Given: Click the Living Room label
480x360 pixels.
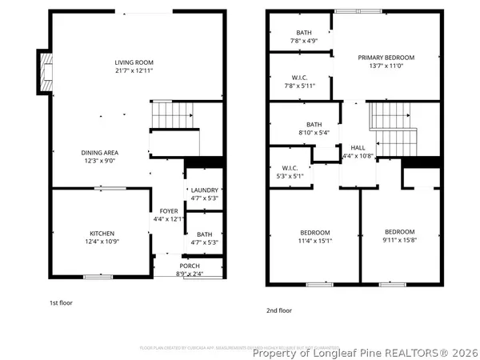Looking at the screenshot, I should [134, 62].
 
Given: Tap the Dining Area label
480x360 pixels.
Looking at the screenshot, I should [100, 152].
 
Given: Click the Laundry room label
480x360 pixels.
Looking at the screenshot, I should [203, 190].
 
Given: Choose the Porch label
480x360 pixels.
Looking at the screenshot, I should [190, 266].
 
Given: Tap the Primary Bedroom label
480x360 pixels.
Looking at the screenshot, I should [386, 58].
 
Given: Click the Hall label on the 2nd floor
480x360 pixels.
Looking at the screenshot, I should [358, 148].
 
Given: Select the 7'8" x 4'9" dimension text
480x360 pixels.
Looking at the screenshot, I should [304, 40].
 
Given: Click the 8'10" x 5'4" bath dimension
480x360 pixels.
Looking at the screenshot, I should [313, 133].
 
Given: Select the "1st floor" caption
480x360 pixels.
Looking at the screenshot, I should [62, 302].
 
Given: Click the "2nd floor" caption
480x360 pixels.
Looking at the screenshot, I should [278, 310].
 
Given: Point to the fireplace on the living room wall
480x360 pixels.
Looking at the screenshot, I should [44, 72].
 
